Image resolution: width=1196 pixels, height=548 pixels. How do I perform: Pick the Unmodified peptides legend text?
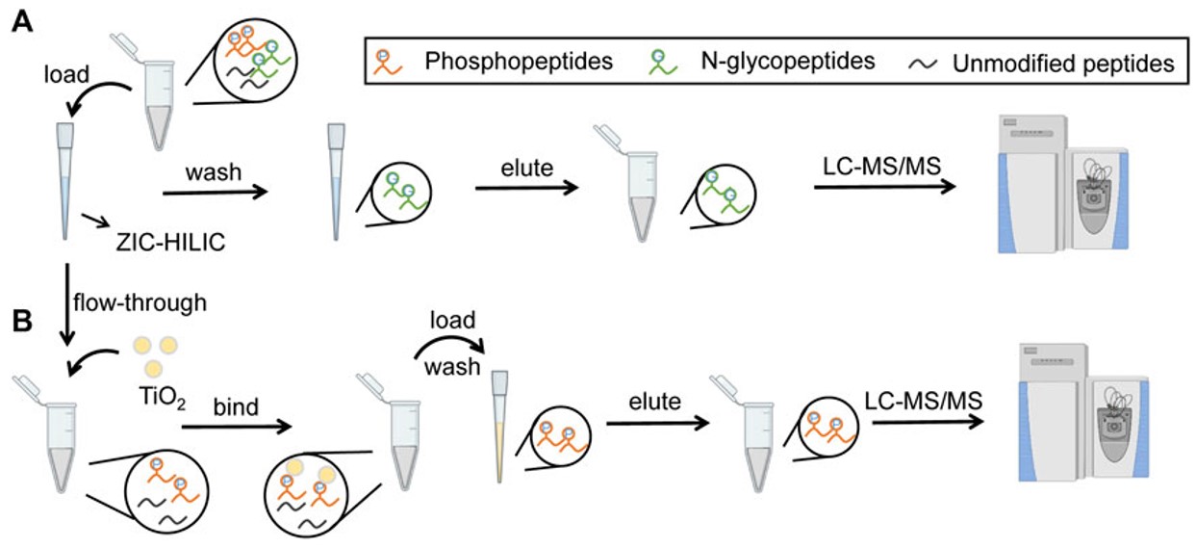tap(1063, 65)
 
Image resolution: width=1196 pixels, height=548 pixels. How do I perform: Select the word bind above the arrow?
tap(237, 407)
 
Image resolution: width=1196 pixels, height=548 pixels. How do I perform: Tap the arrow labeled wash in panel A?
tap(214, 194)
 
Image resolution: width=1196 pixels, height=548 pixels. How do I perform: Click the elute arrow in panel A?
tap(525, 189)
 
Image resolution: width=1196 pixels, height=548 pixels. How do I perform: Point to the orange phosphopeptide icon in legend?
tap(385, 63)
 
